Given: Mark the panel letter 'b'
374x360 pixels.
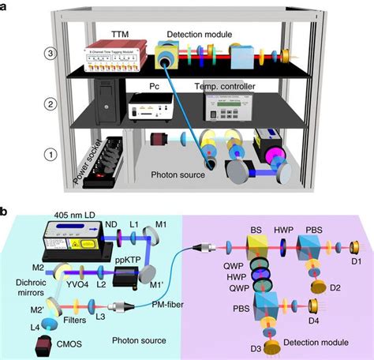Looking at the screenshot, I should [6, 212].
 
